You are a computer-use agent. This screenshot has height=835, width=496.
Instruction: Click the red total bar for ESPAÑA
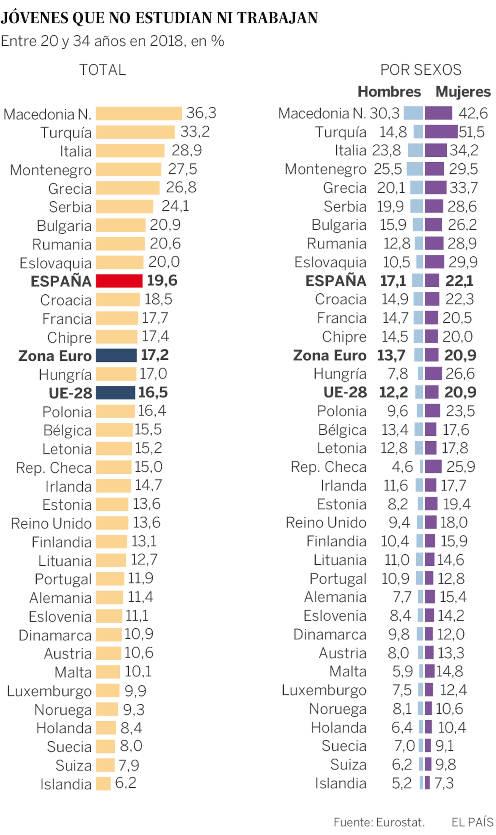point(119,281)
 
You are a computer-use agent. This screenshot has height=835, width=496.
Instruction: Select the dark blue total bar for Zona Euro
point(116,355)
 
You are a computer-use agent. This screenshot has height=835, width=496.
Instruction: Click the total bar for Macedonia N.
point(139,113)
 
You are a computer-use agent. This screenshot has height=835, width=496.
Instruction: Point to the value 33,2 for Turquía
point(195,132)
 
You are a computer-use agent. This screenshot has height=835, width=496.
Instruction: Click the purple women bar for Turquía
point(441,132)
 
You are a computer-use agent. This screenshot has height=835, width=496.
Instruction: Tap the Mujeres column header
point(463,92)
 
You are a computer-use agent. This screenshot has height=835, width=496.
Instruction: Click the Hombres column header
point(389,92)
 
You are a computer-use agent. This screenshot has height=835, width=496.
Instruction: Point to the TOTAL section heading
point(102,70)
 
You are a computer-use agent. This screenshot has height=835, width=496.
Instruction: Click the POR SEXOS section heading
point(421,70)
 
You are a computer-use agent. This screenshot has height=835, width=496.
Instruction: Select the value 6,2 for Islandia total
point(126,783)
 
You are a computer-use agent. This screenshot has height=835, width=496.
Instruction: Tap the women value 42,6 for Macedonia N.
point(473,113)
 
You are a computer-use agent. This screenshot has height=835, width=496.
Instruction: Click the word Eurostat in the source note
point(400,822)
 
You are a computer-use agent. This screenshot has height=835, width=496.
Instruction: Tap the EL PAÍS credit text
point(472,822)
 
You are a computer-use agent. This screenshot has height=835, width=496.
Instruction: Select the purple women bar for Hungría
point(433,373)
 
